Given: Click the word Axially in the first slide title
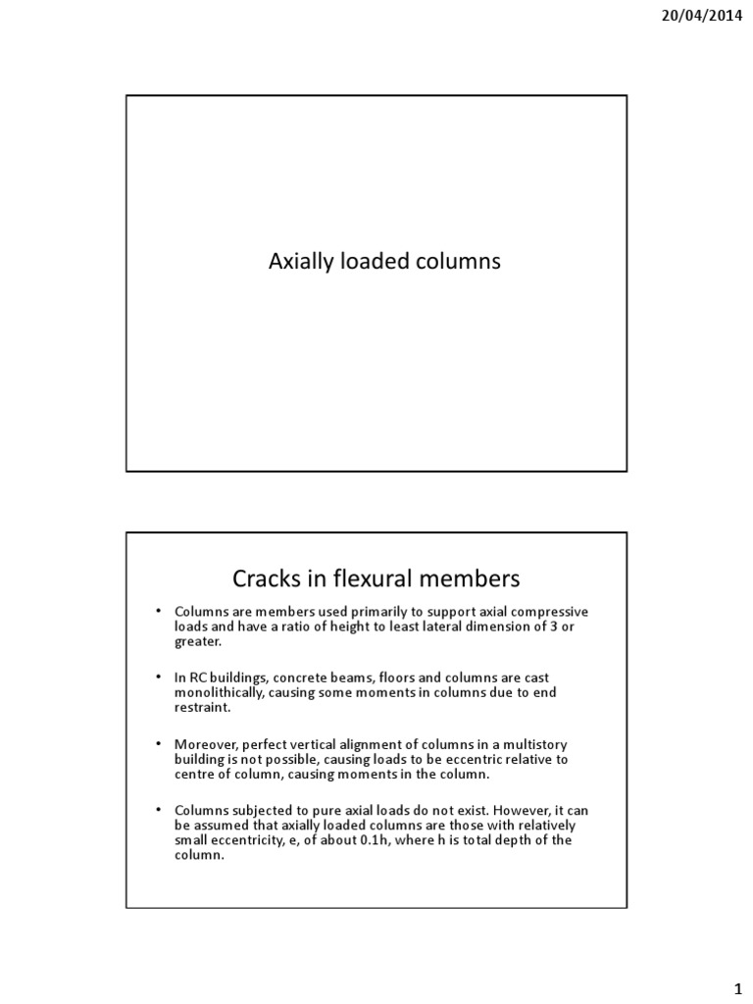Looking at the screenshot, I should (299, 262).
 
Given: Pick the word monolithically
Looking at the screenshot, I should (223, 691).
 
